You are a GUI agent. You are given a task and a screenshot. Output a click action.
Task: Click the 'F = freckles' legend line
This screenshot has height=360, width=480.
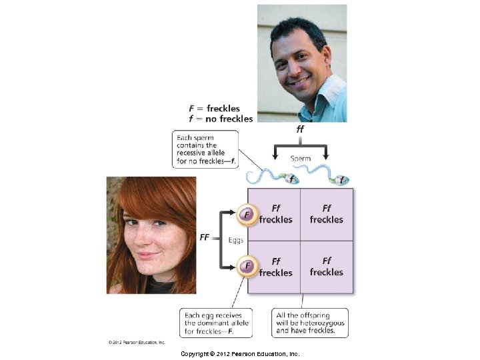(214, 108)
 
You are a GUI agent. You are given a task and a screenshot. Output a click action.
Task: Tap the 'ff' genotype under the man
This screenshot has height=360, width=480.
(299, 129)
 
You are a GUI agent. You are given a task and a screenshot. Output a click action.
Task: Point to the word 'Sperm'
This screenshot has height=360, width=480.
(300, 159)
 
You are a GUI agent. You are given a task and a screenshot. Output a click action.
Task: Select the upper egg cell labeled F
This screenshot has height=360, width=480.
(247, 215)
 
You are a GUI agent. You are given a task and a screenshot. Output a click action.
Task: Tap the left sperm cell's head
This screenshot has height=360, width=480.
(291, 179)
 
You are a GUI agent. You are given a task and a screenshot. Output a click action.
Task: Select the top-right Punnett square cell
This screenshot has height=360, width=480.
(327, 214)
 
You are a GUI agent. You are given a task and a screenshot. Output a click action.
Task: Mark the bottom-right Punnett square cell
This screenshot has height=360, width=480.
(327, 267)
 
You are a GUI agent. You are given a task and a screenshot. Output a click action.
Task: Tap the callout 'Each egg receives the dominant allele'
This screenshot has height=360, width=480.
(217, 323)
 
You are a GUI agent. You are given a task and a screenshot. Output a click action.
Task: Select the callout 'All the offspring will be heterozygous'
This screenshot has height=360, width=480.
(311, 323)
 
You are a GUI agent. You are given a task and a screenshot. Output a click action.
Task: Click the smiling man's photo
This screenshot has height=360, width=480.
(302, 63)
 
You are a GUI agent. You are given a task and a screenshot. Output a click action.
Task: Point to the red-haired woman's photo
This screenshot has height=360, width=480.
(151, 235)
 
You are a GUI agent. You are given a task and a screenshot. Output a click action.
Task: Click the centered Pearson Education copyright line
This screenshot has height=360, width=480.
(240, 353)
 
